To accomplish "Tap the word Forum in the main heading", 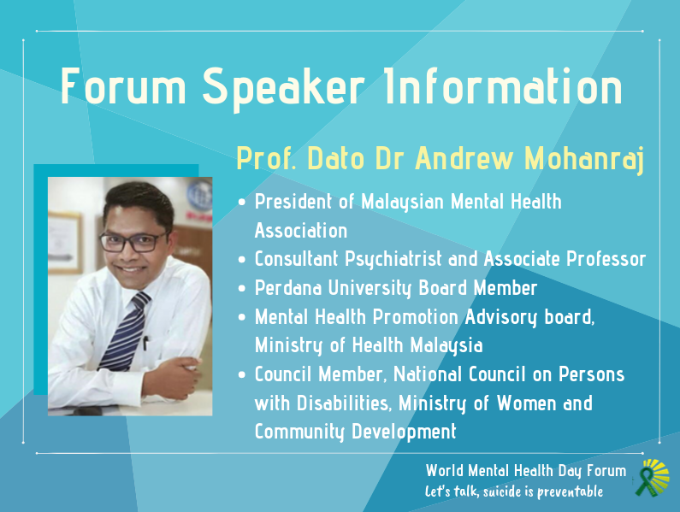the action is pyautogui.click(x=123, y=85).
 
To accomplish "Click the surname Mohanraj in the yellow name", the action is pyautogui.click(x=583, y=158).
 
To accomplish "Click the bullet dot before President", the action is pyautogui.click(x=242, y=202).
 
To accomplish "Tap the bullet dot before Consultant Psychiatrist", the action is pyautogui.click(x=242, y=260).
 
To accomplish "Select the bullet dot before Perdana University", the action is pyautogui.click(x=242, y=288).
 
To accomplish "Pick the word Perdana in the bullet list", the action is pyautogui.click(x=288, y=288).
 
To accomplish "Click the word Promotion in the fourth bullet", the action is pyautogui.click(x=416, y=317).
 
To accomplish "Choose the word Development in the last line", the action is pyautogui.click(x=404, y=432).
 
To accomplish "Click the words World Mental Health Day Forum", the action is pyautogui.click(x=526, y=471).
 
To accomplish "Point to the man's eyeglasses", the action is pyautogui.click(x=133, y=242).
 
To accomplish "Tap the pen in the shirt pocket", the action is pyautogui.click(x=145, y=343).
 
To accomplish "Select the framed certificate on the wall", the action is pyautogui.click(x=65, y=243).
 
